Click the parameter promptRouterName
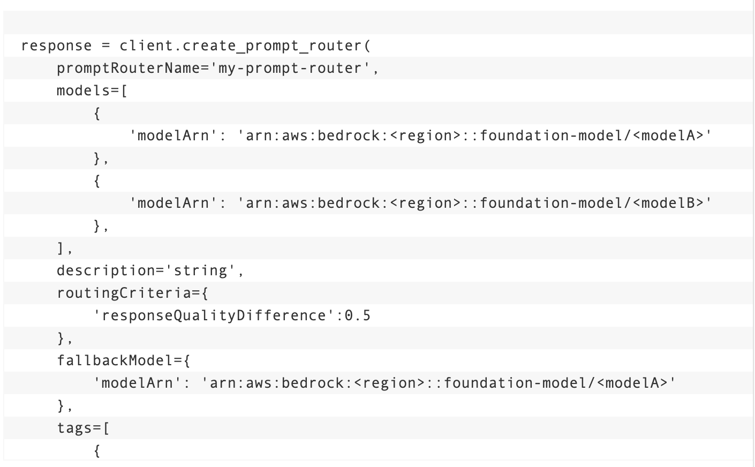129,68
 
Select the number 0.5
358,315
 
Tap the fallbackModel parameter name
115,360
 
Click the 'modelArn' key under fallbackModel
137,383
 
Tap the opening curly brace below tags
97,450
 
